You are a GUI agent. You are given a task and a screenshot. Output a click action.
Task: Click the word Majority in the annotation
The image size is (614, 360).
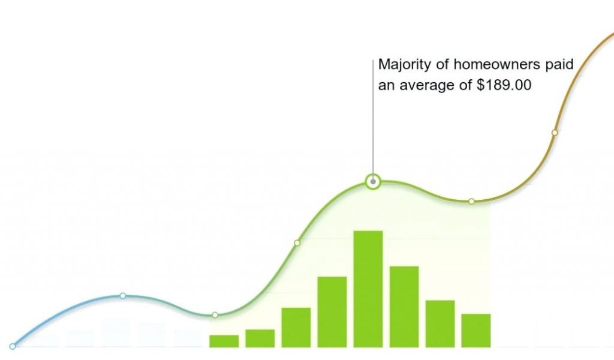pyautogui.click(x=405, y=65)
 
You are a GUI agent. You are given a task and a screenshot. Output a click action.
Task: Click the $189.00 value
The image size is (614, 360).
pyautogui.click(x=504, y=85)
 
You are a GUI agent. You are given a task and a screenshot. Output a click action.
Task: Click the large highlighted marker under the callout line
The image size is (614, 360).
pyautogui.click(x=373, y=182)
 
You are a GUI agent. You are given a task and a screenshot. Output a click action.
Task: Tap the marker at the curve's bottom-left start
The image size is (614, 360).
pyautogui.click(x=13, y=346)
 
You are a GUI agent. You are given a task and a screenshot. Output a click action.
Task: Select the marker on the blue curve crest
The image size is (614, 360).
pyautogui.click(x=123, y=296)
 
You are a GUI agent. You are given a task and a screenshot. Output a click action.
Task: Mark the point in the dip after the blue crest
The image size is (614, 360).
pyautogui.click(x=215, y=315)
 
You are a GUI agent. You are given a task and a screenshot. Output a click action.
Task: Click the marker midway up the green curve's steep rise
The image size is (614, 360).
pyautogui.click(x=297, y=243)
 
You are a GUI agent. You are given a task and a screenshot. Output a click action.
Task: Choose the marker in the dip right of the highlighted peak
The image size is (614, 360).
pyautogui.click(x=471, y=202)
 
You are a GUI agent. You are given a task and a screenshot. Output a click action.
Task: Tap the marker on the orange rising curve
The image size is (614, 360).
pyautogui.click(x=555, y=133)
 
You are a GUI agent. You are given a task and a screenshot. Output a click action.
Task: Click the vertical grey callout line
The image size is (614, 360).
pyautogui.click(x=373, y=117)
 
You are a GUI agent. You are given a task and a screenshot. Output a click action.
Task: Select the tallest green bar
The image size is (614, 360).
pyautogui.click(x=368, y=289)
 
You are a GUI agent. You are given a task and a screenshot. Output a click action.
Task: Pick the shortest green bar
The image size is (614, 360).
pyautogui.click(x=224, y=341)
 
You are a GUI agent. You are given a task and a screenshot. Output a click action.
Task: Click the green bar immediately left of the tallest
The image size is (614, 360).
pyautogui.click(x=332, y=312)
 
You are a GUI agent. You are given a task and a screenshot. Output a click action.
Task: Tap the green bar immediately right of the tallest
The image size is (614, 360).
pyautogui.click(x=404, y=307)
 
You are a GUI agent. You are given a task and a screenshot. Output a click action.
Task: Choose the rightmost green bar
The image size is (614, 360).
pyautogui.click(x=475, y=331)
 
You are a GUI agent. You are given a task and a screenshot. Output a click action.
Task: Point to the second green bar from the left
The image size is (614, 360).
pyautogui.click(x=260, y=338)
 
